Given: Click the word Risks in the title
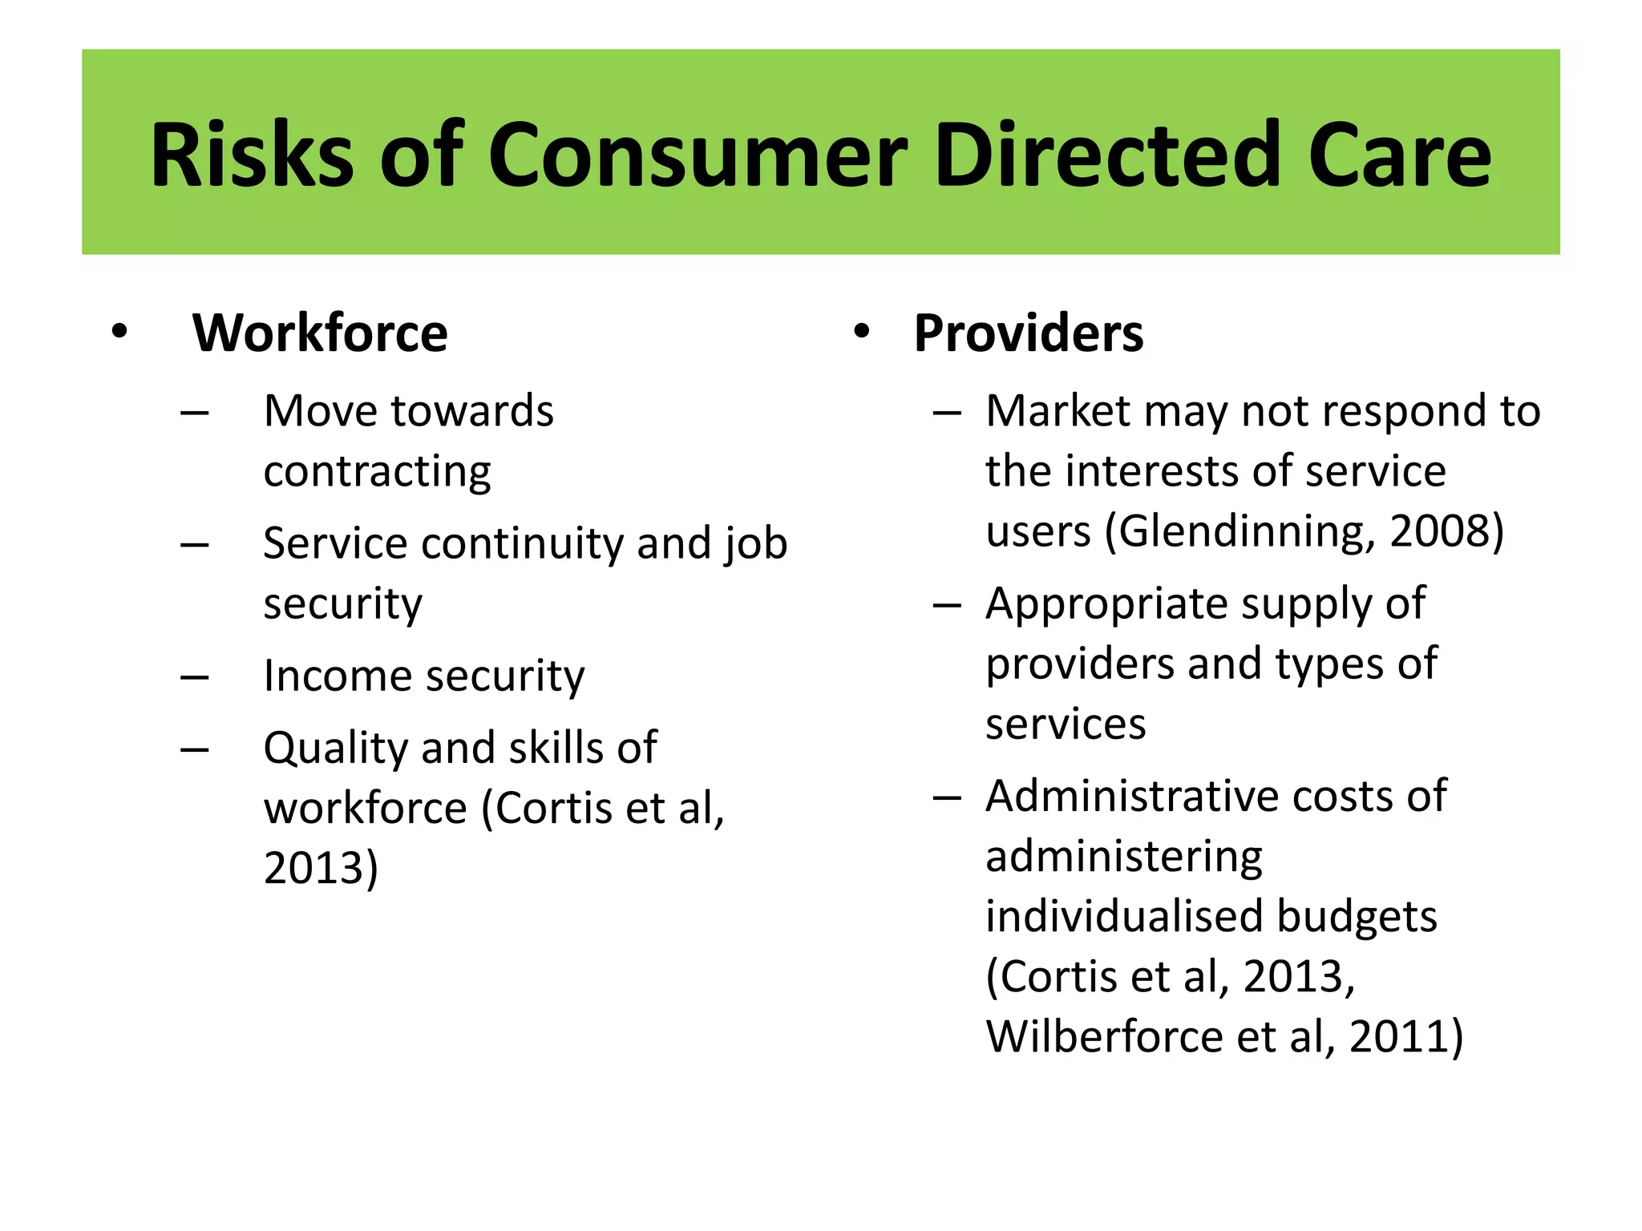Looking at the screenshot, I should [252, 155].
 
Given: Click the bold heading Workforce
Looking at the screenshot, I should [320, 333].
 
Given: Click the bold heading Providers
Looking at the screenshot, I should [1029, 333].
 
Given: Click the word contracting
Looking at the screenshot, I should [377, 471].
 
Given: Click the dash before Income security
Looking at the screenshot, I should [195, 678].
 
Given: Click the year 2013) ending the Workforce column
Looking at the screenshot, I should [320, 868].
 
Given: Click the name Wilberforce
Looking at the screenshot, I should [1104, 1037].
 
